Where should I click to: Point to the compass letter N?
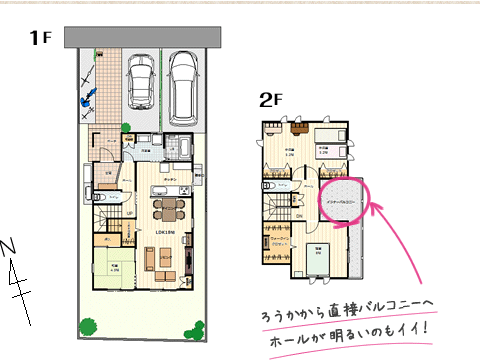(9, 247)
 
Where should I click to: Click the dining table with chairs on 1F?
(167, 208)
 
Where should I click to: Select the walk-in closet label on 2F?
(282, 241)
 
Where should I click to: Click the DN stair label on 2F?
(299, 215)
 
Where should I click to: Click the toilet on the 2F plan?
(267, 186)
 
